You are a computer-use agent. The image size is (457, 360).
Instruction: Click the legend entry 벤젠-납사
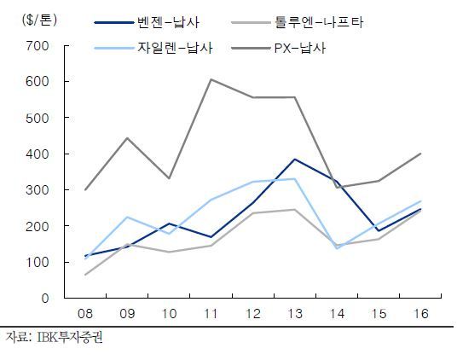(147, 22)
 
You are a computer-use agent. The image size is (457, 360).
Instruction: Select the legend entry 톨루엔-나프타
(298, 22)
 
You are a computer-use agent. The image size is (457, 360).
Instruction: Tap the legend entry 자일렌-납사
(153, 48)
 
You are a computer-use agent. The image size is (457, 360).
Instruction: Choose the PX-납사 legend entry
(278, 48)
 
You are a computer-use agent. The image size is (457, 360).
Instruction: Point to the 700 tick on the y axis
(38, 46)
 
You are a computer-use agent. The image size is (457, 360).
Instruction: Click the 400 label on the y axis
(38, 154)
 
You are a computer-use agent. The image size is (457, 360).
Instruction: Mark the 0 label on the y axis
(45, 299)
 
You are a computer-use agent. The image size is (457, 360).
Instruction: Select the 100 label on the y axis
(38, 262)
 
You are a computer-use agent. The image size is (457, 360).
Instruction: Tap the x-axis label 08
(85, 314)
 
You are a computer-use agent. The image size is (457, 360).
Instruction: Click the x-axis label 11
(211, 314)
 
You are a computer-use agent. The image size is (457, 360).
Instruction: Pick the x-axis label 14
(337, 314)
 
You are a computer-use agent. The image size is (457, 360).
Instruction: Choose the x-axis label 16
(421, 314)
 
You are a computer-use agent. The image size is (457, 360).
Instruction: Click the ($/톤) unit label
(39, 20)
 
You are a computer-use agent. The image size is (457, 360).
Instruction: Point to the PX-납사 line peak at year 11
(211, 79)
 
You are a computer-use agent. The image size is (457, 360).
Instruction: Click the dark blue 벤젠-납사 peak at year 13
(295, 160)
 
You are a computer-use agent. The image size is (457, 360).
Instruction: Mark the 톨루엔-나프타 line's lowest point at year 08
(85, 275)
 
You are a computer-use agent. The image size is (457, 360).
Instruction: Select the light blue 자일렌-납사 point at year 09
(127, 217)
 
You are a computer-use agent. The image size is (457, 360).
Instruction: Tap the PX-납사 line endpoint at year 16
(421, 154)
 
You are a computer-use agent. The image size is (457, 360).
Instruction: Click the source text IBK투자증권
(70, 337)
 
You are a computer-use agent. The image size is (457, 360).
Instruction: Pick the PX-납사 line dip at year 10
(169, 178)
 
